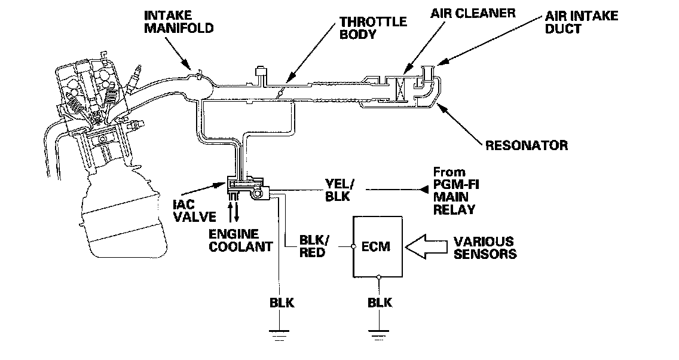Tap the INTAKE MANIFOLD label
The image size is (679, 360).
(178, 22)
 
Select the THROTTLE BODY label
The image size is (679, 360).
(373, 28)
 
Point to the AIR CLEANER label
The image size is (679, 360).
(473, 13)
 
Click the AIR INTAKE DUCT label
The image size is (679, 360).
(581, 23)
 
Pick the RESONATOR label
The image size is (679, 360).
(526, 145)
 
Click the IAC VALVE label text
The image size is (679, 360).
(194, 210)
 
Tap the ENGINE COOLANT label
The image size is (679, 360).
(241, 240)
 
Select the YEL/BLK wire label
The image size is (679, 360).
(339, 190)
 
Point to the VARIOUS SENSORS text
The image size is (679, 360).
(485, 248)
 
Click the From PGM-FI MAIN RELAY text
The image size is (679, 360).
(455, 191)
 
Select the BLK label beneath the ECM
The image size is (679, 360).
(380, 303)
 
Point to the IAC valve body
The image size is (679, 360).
(247, 188)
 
